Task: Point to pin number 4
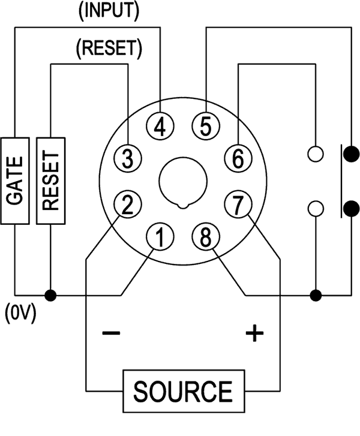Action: [161, 126]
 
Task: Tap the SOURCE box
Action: [183, 391]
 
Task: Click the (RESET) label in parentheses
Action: [110, 49]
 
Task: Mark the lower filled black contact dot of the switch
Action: [351, 209]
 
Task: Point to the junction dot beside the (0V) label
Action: [51, 295]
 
